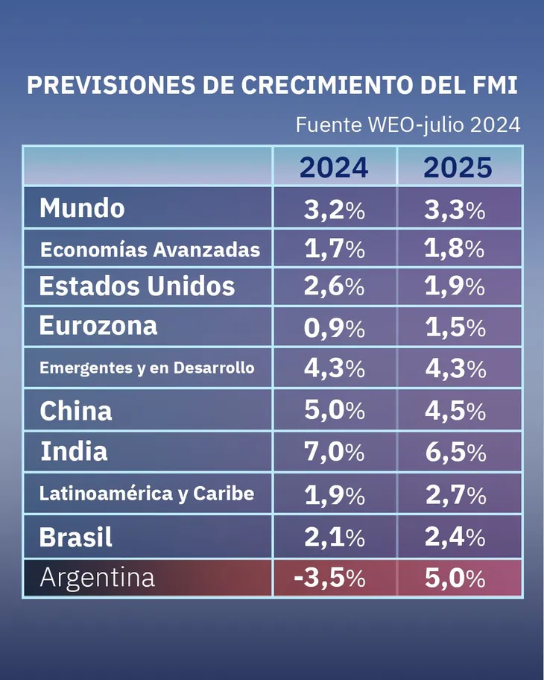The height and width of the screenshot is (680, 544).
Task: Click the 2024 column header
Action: pyautogui.click(x=334, y=168)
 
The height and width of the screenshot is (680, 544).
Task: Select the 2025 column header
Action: pyautogui.click(x=458, y=168)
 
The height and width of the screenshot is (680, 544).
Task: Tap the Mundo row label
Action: pyautogui.click(x=82, y=208)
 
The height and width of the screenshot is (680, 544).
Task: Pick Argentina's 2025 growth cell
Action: pyautogui.click(x=455, y=579)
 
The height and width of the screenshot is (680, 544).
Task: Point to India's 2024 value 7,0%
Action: pyautogui.click(x=334, y=452)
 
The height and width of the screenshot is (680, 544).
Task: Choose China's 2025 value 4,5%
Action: pyautogui.click(x=455, y=411)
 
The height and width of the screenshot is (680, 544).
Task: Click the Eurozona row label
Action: pyautogui.click(x=98, y=326)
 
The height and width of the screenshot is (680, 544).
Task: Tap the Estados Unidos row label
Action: pyautogui.click(x=137, y=286)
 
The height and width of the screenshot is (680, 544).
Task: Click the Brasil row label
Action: pyautogui.click(x=76, y=537)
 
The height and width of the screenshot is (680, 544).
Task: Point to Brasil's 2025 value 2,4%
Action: pyautogui.click(x=455, y=537)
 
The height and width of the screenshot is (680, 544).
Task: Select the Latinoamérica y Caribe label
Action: pyautogui.click(x=147, y=494)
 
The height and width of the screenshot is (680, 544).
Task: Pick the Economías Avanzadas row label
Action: pyautogui.click(x=150, y=251)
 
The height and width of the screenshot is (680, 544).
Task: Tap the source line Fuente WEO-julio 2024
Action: pyautogui.click(x=408, y=125)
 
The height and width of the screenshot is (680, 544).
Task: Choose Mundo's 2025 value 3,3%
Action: pyautogui.click(x=455, y=210)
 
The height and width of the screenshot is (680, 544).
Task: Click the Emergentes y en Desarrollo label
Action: pyautogui.click(x=147, y=368)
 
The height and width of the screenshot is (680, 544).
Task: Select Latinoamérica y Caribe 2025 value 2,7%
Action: pyautogui.click(x=455, y=495)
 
